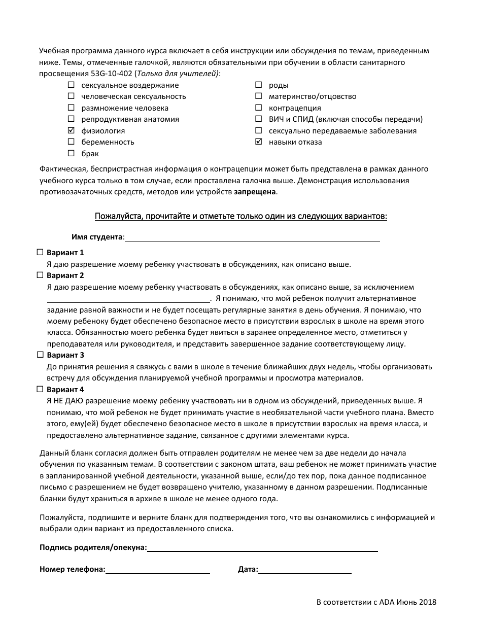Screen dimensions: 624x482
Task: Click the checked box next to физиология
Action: tap(71, 130)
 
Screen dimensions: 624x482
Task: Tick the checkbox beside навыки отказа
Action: tap(259, 142)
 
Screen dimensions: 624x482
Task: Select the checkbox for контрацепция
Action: tap(259, 108)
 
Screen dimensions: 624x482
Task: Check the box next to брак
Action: tap(71, 153)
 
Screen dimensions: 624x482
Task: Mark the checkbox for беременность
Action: tap(71, 142)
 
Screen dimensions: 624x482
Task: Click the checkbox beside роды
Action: tap(259, 85)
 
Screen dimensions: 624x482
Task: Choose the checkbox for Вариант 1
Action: tap(40, 252)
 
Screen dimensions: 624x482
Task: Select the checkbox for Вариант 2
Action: tap(40, 275)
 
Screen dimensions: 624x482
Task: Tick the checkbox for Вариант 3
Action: tap(40, 355)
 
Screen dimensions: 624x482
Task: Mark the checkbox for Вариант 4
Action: tap(40, 389)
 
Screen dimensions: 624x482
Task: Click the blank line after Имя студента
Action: tap(252, 240)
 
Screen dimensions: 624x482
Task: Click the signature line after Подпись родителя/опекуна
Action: tap(262, 550)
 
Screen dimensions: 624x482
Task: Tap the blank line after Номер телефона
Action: tap(157, 572)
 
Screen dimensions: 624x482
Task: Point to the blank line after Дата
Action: tap(304, 572)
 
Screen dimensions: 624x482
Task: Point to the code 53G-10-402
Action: tap(95, 74)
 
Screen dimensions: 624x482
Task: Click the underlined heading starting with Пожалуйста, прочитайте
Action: tap(241, 217)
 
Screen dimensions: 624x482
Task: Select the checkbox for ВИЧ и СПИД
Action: tap(259, 119)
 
